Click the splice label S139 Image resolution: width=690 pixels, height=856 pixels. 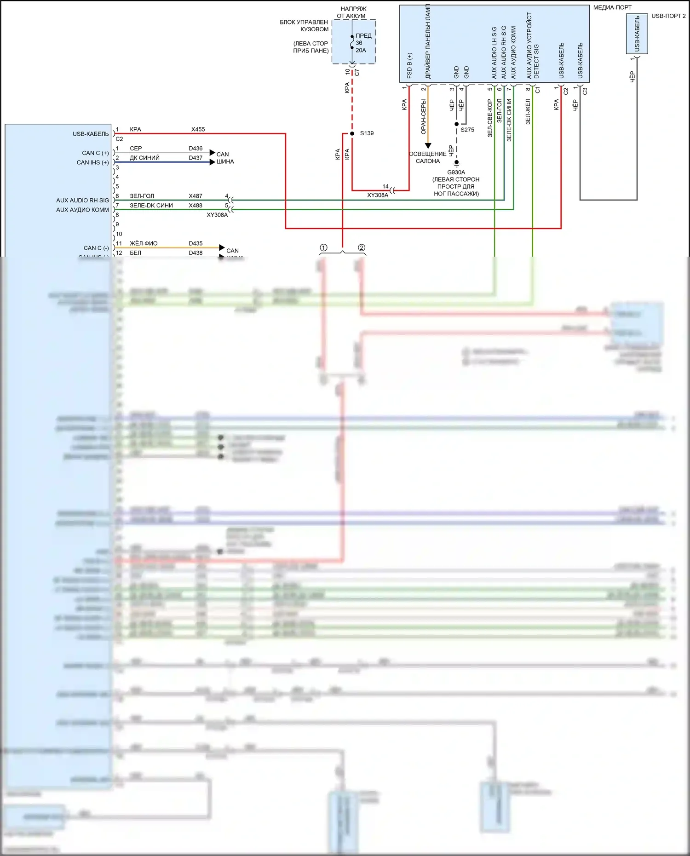[x=367, y=133]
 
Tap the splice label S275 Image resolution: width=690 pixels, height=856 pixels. [x=467, y=130]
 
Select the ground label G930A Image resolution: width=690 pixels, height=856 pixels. [x=456, y=172]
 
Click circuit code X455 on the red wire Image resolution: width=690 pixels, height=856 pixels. [x=198, y=129]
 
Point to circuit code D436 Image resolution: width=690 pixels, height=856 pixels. [x=195, y=149]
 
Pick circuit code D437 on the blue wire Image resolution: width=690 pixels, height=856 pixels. [x=195, y=158]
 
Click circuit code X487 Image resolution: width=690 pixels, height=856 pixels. [x=195, y=196]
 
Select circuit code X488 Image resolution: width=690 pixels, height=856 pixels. [x=195, y=206]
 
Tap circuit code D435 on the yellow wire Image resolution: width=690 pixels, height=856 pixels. [x=195, y=243]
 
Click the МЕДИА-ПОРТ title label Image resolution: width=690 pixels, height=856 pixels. [x=612, y=7]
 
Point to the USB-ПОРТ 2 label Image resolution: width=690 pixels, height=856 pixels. [x=668, y=16]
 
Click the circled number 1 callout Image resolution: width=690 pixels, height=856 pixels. [x=323, y=248]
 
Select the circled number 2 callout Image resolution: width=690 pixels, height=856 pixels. [x=362, y=248]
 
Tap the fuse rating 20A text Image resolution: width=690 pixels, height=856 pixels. [x=361, y=50]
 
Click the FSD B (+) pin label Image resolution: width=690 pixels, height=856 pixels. [x=409, y=65]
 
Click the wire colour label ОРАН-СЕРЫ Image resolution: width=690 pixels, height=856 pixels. [x=424, y=117]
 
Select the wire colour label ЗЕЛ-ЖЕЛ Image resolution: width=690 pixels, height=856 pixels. [x=528, y=112]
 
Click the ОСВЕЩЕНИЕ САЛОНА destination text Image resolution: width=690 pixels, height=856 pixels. [x=427, y=157]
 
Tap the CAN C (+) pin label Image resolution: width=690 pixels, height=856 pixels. [x=95, y=153]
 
